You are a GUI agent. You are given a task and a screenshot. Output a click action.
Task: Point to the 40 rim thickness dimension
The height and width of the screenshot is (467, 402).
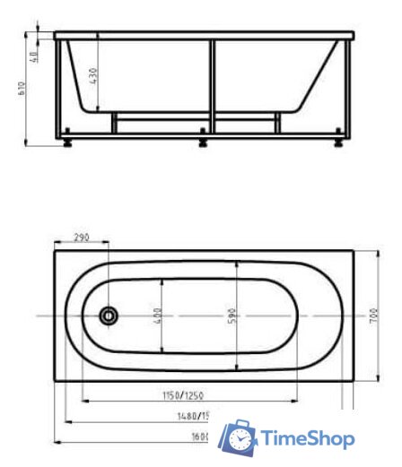[35, 55]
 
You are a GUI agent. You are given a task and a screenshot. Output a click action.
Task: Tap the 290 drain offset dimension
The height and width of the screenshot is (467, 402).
[82, 238]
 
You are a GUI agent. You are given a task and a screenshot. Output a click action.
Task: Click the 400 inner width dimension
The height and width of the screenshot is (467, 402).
[157, 316]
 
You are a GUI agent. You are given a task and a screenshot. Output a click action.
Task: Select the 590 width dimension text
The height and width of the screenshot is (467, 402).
[232, 316]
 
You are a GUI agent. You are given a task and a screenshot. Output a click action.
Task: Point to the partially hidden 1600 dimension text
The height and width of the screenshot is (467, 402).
[199, 436]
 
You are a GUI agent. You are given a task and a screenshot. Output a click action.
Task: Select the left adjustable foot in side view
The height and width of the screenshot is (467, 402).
[67, 139]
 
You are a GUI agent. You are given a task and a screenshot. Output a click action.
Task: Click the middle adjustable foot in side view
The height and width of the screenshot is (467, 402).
[203, 139]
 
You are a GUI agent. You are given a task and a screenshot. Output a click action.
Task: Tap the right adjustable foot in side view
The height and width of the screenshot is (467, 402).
[337, 139]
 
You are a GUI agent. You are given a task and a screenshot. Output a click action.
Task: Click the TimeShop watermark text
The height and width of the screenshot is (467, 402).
[307, 439]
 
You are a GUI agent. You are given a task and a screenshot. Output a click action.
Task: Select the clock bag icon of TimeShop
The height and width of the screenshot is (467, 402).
[240, 437]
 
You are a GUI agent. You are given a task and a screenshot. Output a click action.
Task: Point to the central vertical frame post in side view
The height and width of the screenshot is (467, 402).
[213, 85]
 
